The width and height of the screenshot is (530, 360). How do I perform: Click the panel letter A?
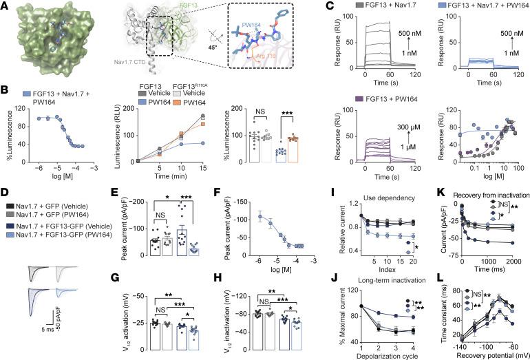pos(6,6)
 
